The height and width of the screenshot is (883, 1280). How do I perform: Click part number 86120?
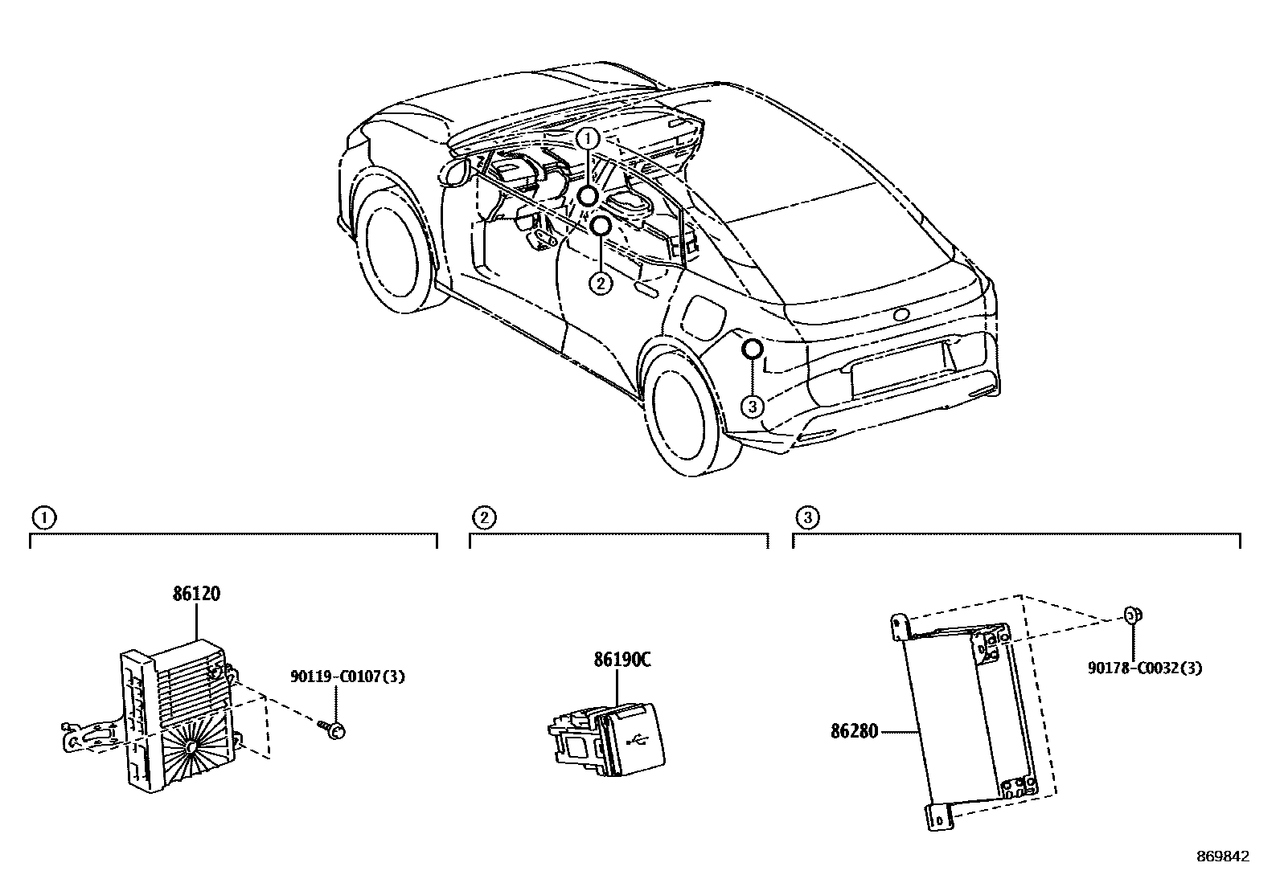click(195, 595)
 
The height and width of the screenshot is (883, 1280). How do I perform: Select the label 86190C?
click(622, 660)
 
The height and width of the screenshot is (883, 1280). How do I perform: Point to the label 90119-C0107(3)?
click(347, 677)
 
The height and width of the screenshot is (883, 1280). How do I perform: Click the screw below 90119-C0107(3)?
click(333, 728)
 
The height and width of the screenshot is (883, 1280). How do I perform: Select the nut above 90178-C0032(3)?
click(1132, 615)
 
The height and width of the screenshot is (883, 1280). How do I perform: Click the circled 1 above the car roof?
click(589, 138)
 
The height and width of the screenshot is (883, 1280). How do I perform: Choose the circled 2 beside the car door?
click(600, 283)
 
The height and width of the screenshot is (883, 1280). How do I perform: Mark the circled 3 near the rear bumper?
click(752, 407)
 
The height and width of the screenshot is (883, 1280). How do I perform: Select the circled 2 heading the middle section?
click(483, 517)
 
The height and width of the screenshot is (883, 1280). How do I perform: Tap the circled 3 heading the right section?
click(806, 517)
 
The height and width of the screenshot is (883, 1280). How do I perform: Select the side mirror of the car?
click(454, 170)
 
